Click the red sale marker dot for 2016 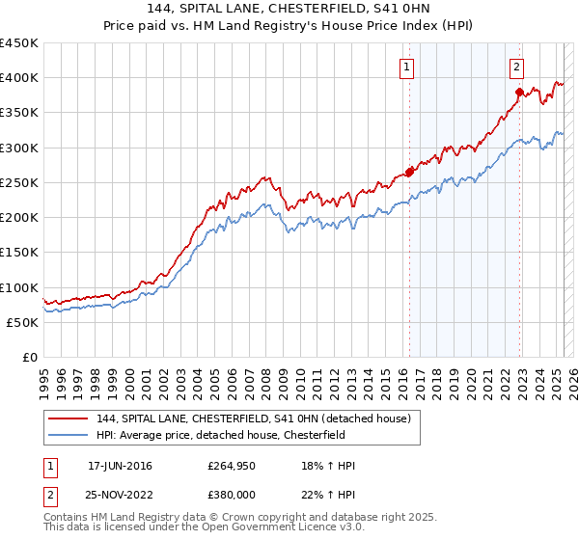click(409, 173)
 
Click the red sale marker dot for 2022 click(519, 93)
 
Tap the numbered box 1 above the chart click(407, 67)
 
